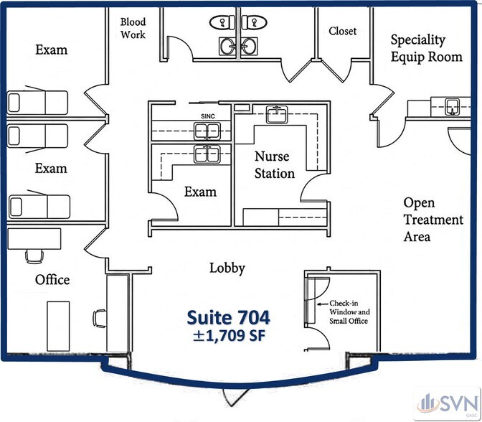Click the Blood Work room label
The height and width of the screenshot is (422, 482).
133,28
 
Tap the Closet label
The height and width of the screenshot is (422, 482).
342,31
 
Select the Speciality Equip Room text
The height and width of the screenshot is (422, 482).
426,49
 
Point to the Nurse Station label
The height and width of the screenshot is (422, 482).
275,165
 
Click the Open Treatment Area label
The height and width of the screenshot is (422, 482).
433,220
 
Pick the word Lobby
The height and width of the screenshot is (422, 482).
227,268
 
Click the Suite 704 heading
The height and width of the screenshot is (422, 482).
228,317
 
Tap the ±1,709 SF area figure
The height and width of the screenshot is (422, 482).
229,336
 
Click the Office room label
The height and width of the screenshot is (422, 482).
52,280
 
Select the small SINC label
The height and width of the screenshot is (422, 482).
208,116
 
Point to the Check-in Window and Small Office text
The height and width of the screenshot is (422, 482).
349,312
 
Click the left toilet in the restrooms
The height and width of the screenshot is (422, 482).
222,22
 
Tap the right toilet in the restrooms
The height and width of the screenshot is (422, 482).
254,22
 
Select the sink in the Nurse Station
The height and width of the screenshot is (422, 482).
277,114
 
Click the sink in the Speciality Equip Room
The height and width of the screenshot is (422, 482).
452,107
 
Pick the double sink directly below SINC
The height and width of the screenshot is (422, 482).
207,131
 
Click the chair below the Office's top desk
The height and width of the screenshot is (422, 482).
34,256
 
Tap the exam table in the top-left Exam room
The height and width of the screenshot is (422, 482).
37,103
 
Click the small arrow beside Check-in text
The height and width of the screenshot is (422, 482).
322,304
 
